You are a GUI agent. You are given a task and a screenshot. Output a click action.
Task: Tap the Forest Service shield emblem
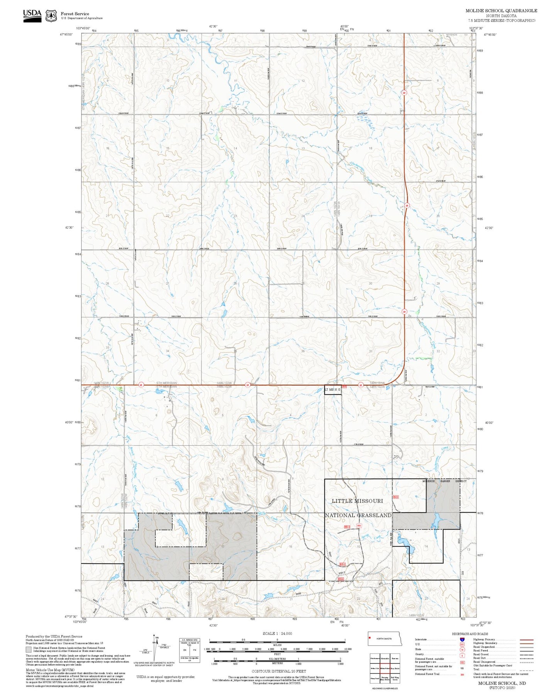click(51, 16)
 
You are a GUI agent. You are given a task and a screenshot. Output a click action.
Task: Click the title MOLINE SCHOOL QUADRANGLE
click(501, 10)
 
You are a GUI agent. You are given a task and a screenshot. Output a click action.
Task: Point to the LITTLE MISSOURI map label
click(357, 501)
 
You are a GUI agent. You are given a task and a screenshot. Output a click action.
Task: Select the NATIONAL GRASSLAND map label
click(358, 515)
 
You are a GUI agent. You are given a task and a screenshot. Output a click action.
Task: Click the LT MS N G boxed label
click(332, 390)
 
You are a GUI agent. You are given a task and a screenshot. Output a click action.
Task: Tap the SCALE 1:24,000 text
click(277, 633)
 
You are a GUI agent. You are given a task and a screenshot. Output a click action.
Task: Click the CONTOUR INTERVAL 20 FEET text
click(279, 671)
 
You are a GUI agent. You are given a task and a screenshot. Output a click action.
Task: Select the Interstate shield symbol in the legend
click(462, 640)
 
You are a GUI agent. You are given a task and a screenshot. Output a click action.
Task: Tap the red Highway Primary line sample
click(526, 640)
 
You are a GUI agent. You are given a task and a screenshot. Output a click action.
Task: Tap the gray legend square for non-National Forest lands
click(29, 650)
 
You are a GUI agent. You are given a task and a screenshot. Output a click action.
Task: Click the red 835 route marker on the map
click(359, 526)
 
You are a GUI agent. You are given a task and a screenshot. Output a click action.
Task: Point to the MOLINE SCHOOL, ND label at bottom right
click(502, 683)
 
